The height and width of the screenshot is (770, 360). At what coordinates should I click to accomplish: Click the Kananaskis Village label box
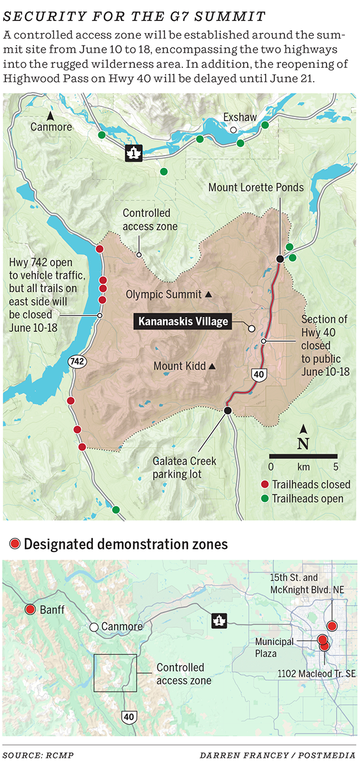184,322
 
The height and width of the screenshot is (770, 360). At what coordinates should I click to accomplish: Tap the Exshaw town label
239,118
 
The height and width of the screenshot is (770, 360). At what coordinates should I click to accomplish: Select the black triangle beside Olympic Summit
208,295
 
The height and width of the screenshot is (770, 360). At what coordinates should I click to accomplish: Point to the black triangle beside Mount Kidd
211,366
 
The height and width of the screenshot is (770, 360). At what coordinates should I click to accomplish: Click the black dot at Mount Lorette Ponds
280,259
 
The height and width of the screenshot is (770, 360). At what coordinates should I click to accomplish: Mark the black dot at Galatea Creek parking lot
227,411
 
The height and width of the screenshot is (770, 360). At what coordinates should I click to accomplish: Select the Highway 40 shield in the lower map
130,716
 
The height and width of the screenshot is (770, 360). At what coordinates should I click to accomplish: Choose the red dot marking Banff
30,610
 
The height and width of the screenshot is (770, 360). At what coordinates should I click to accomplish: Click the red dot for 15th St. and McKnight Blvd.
332,626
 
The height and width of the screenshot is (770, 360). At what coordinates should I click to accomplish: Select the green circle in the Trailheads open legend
265,499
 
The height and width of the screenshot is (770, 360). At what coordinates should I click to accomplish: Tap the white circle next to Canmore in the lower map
94,627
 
